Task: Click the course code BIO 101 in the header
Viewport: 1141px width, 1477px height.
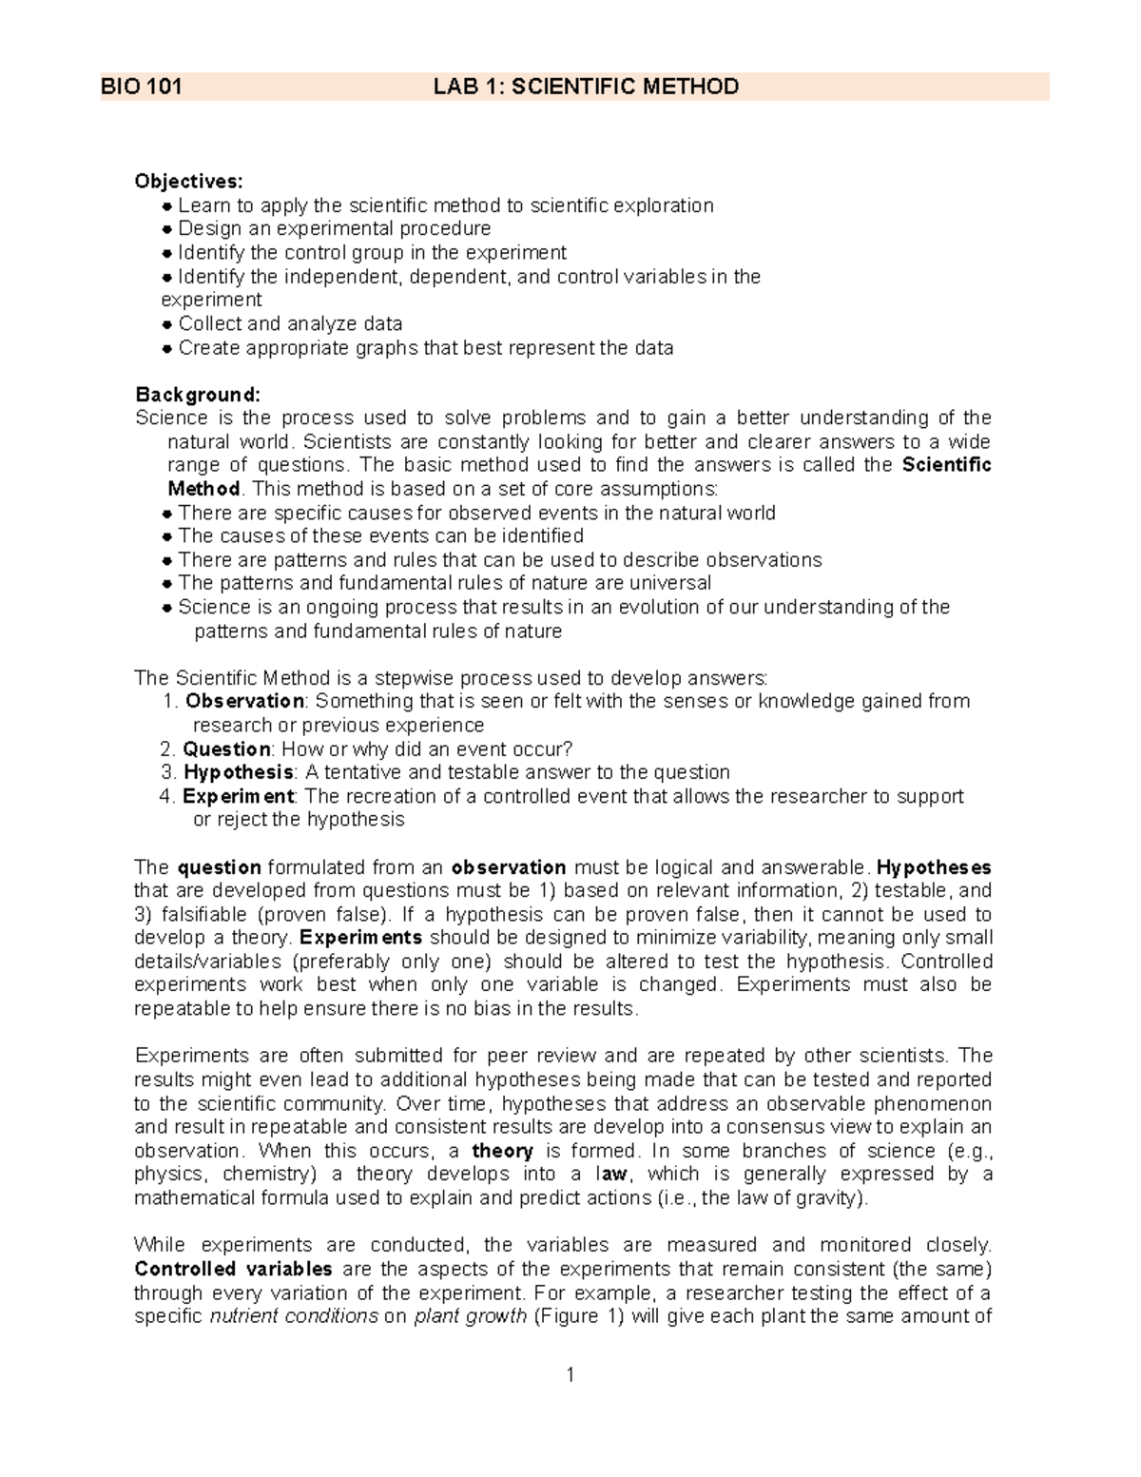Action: click(x=142, y=87)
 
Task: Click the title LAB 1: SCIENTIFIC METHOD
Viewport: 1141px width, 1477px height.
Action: click(x=586, y=87)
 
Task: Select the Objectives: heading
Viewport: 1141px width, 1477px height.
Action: click(x=189, y=182)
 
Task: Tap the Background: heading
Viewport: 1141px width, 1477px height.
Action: click(x=197, y=394)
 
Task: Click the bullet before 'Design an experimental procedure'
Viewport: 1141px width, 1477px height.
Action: click(x=167, y=229)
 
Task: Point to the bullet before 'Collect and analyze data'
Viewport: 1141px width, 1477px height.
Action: click(x=167, y=324)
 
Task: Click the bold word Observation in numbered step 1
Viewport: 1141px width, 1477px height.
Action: click(x=244, y=701)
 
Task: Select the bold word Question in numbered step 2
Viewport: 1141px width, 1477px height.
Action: click(x=227, y=748)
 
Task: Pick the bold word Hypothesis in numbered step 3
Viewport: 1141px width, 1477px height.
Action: click(x=238, y=772)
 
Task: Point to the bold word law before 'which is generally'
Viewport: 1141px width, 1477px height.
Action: click(x=610, y=1175)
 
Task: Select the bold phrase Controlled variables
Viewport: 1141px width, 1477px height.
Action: click(x=233, y=1269)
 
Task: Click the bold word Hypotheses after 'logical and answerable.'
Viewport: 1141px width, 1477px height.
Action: click(x=934, y=867)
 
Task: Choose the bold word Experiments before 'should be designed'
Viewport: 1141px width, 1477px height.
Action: click(x=360, y=938)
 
